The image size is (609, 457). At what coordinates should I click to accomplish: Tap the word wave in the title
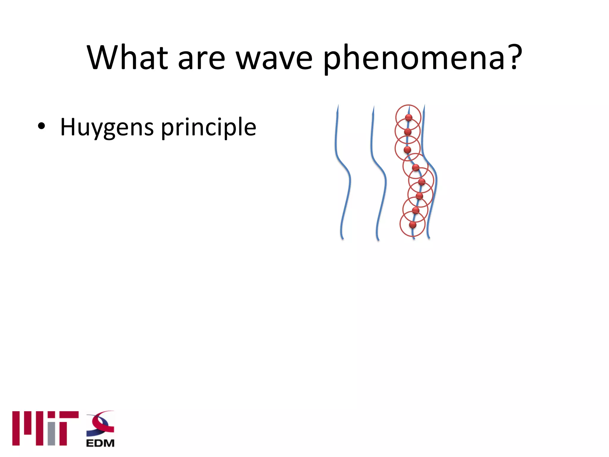pos(274,58)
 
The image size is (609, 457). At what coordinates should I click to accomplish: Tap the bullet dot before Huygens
pos(41,126)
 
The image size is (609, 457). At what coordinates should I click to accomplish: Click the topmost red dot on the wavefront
pos(409,117)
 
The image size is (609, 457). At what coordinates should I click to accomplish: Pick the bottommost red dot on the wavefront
pos(412,224)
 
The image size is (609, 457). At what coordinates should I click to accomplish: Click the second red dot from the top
pos(408,132)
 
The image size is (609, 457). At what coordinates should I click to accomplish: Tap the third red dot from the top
pos(407,149)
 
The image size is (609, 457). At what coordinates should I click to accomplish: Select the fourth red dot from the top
pos(416,168)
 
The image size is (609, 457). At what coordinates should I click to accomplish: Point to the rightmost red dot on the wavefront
pos(422,181)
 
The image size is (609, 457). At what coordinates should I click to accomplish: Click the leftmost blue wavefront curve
pos(342,179)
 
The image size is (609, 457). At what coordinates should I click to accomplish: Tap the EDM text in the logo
pos(100,443)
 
